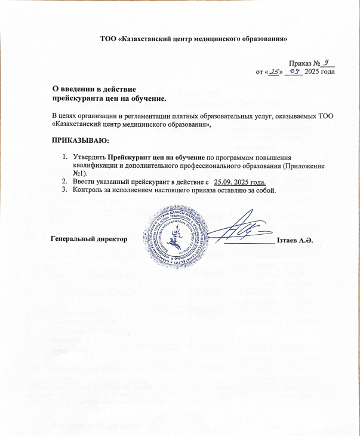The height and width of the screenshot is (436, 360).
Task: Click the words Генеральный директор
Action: [x=90, y=239]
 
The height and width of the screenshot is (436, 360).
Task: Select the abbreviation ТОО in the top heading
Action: [x=109, y=39]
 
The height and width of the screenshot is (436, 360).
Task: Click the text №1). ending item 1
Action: [x=81, y=173]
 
